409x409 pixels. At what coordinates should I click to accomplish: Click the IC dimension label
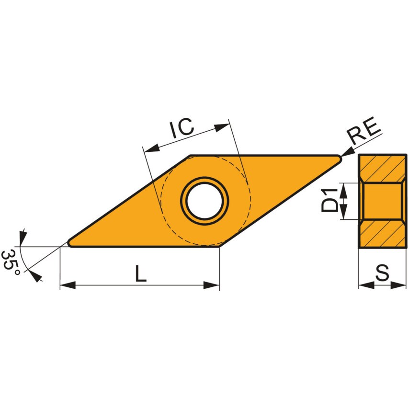tap(181, 128)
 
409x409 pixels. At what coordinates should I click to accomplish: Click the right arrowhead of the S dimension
tap(399, 285)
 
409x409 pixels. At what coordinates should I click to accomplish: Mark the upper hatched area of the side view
tap(382, 168)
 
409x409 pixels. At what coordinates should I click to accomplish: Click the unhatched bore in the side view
tap(382, 201)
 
